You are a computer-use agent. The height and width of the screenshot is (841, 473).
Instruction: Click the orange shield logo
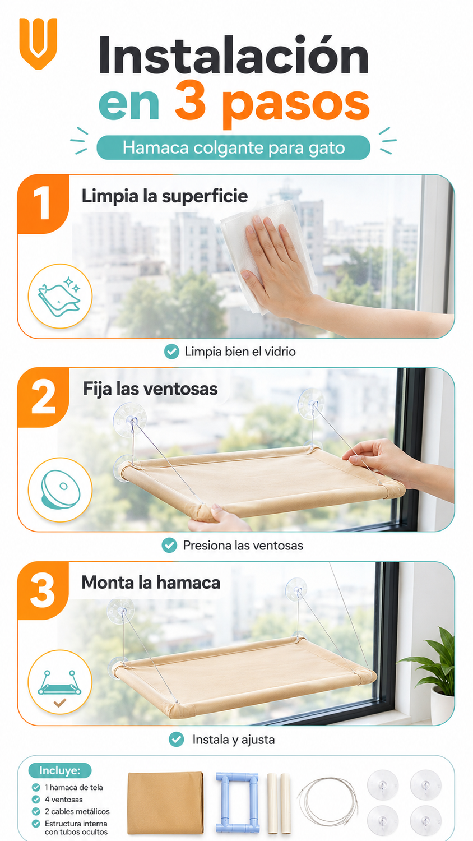(x=38, y=43)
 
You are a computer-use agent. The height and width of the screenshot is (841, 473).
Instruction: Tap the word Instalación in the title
(x=234, y=55)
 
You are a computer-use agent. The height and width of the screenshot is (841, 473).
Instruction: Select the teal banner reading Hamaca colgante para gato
(x=234, y=147)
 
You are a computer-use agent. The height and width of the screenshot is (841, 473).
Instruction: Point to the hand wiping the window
(x=285, y=270)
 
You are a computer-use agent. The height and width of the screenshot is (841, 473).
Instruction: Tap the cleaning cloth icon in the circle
(x=60, y=296)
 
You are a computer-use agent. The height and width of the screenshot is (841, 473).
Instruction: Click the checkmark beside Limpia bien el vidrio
(x=171, y=352)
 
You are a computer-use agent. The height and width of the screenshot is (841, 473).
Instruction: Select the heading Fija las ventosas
(x=150, y=389)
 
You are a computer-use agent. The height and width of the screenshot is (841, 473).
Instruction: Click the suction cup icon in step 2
(x=61, y=490)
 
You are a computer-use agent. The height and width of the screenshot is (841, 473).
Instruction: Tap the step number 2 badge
(x=43, y=397)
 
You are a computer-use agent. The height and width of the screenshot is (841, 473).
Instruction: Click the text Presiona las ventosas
(x=243, y=545)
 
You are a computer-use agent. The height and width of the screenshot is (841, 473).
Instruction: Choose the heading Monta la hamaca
(x=151, y=583)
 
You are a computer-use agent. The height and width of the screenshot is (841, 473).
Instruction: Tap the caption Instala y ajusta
(x=234, y=740)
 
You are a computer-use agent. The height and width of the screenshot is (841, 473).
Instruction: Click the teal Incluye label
(x=60, y=770)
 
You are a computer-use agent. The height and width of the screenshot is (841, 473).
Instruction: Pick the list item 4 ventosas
(x=63, y=800)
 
